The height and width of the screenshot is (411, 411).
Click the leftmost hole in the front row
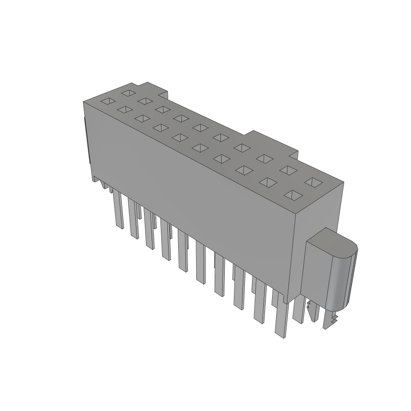tap(107, 101)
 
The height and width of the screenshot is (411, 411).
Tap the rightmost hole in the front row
tap(293, 195)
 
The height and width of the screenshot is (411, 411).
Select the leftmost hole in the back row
tap(128, 93)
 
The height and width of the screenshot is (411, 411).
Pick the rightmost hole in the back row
tap(313, 182)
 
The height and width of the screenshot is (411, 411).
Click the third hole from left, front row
tap(142, 118)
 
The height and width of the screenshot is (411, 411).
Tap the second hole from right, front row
tap(268, 183)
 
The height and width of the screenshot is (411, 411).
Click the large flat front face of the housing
tap(193, 201)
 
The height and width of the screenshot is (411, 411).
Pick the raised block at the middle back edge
tap(273, 142)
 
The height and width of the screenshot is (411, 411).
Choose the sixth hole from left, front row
tap(198, 148)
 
